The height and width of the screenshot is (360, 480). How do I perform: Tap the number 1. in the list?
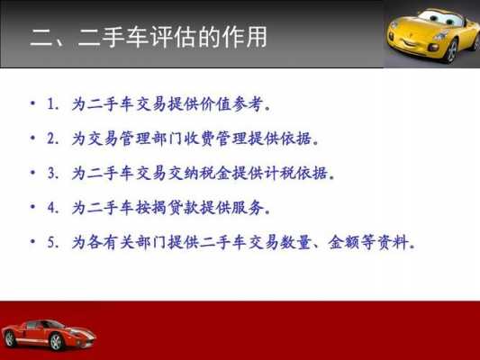pyautogui.click(x=52, y=104)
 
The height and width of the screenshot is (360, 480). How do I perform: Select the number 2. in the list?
pyautogui.click(x=52, y=139)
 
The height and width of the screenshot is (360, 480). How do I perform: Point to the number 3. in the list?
pyautogui.click(x=52, y=173)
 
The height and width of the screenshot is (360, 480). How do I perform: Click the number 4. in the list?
pyautogui.click(x=52, y=208)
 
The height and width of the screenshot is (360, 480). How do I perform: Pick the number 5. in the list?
pyautogui.click(x=52, y=242)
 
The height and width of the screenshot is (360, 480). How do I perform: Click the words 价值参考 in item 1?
pyautogui.click(x=231, y=104)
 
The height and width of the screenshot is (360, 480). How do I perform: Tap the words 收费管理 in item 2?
pyautogui.click(x=215, y=139)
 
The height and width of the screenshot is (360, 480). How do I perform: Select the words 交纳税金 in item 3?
pyautogui.click(x=199, y=173)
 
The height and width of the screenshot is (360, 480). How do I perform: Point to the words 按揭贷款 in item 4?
pyautogui.click(x=168, y=208)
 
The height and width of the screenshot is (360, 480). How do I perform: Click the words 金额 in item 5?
pyautogui.click(x=344, y=242)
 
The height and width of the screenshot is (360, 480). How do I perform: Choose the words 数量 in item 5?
pyautogui.click(x=295, y=242)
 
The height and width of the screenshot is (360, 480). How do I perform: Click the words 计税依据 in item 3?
pyautogui.click(x=295, y=173)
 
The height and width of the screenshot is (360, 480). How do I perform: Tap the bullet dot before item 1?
pyautogui.click(x=32, y=103)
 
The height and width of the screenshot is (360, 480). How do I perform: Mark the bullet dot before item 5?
pyautogui.click(x=32, y=241)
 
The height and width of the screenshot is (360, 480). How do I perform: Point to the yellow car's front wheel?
pyautogui.click(x=451, y=51)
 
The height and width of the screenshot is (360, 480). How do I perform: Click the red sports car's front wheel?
pyautogui.click(x=56, y=341)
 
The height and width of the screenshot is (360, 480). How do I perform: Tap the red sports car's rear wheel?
pyautogui.click(x=10, y=339)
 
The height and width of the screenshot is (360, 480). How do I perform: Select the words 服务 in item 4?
pyautogui.click(x=248, y=208)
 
